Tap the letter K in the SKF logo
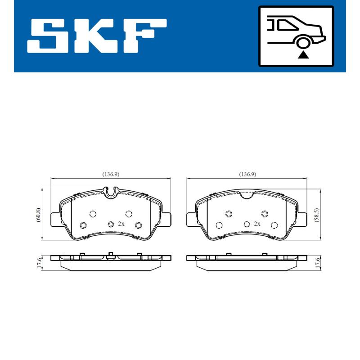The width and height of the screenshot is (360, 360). tap(97, 36)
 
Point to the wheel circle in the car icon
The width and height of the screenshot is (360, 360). tap(304, 42)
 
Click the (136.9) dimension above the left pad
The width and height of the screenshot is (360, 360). tap(111, 174)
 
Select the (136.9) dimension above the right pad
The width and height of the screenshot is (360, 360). tap(247, 174)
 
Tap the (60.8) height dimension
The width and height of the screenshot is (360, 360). tap(39, 214)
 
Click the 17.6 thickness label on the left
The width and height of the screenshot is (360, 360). tap(39, 263)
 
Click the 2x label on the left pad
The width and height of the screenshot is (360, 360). tap(121, 224)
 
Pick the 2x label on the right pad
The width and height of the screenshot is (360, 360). tap(257, 224)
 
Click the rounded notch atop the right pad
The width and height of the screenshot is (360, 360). tap(247, 194)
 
